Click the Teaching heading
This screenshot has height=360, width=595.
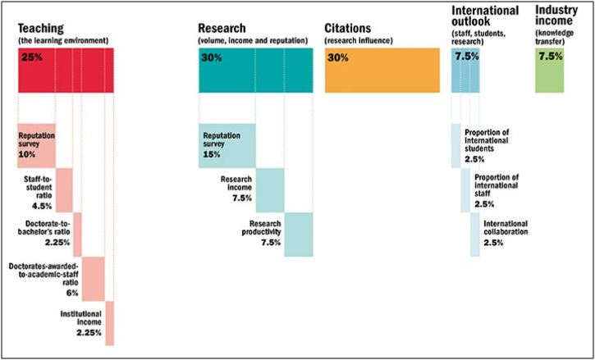40,28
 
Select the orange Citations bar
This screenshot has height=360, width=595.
382,71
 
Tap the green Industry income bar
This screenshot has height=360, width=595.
550,71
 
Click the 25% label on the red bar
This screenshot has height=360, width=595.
32,58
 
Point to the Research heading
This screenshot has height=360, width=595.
222,28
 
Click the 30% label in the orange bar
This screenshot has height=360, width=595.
338,58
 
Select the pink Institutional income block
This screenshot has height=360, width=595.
110,323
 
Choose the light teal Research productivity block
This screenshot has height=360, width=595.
299,235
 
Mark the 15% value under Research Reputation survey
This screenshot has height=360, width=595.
212,154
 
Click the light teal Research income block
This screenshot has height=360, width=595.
270,190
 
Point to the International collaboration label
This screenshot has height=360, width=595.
506,227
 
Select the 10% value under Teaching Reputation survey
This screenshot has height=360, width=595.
26,154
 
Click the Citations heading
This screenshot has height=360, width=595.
348,29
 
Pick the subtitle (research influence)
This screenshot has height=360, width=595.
359,40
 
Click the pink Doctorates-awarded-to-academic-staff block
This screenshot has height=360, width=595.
93,279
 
